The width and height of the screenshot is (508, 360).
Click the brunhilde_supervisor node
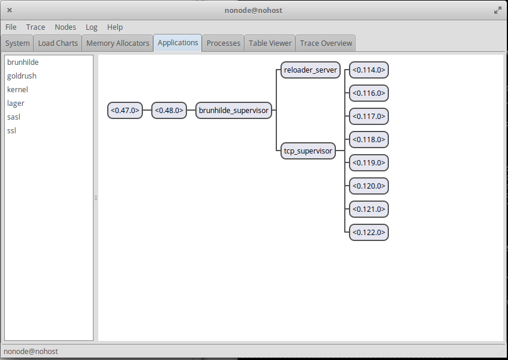coord(233,111)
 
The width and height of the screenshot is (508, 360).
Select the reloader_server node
coord(310,70)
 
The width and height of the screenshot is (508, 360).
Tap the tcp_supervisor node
coord(308,151)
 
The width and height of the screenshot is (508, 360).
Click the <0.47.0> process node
coord(125,111)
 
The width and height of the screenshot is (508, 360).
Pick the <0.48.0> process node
coord(169,111)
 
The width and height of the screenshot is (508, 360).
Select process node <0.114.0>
coord(369,70)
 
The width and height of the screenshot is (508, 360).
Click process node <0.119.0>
coord(369,163)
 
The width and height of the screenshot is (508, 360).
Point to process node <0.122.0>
coord(369,233)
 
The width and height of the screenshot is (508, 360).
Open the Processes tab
coord(223,43)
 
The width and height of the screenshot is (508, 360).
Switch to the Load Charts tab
coord(58,43)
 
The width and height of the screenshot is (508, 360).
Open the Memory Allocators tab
coord(117,43)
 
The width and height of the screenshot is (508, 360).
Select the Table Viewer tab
coord(270,43)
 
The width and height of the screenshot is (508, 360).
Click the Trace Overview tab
coord(326,43)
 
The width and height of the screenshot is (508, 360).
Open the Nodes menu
coord(65,27)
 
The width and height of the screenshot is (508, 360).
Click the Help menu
coord(115,27)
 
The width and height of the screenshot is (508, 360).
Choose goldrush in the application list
coord(21,76)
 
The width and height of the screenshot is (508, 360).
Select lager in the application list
coord(15,104)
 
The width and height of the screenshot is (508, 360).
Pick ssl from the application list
coord(11,131)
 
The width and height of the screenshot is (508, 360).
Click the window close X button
coord(10,10)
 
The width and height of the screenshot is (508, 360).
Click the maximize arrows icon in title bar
coord(498,11)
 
